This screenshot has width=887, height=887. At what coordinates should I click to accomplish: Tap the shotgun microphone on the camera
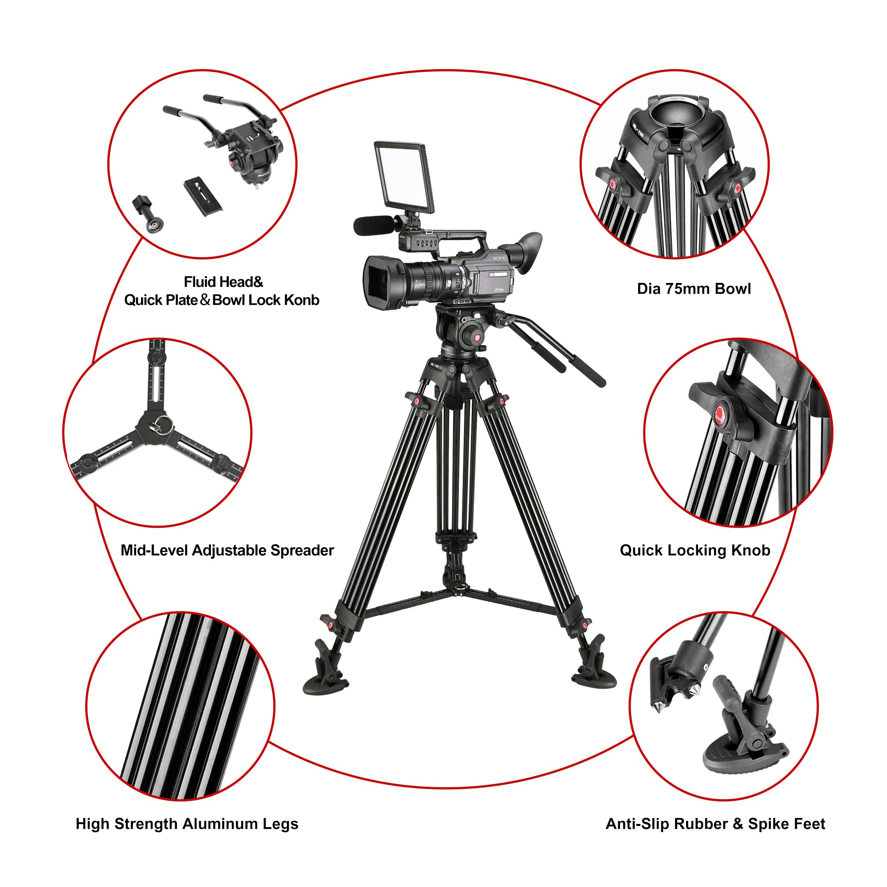click(373, 224)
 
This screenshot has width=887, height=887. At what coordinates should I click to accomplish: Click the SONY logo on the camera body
click(498, 259)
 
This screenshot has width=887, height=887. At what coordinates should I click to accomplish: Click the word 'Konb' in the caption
click(301, 300)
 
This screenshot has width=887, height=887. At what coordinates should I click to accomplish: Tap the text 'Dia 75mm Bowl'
click(694, 289)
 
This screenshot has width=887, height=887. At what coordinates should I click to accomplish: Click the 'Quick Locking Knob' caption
click(695, 550)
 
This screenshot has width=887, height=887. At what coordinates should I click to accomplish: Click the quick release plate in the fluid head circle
click(203, 196)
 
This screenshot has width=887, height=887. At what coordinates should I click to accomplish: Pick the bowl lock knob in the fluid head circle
click(147, 213)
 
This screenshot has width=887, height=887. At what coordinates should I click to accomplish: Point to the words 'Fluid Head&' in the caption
click(224, 282)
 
